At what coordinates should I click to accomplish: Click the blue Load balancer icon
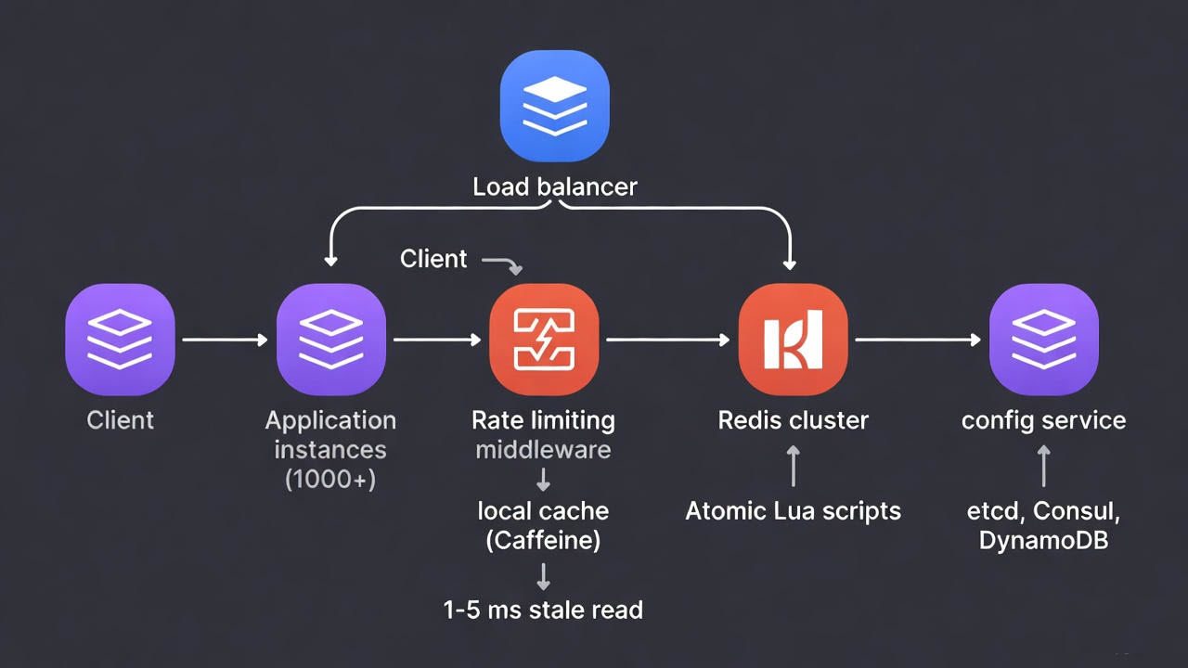coord(554,106)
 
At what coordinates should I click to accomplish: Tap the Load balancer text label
coord(554,186)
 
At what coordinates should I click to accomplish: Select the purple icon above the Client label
coord(120,340)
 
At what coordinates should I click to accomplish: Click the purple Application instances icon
coord(330,340)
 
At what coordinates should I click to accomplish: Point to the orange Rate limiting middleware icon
coord(544,340)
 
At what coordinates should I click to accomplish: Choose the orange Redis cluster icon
coord(793,340)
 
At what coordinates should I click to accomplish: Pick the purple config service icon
coord(1043,340)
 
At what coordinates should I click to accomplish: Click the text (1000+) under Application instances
coord(330,479)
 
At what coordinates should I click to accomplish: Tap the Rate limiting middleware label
coord(544,434)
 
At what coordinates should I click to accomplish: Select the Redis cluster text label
coord(793,420)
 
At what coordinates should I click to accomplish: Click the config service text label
coord(1043,420)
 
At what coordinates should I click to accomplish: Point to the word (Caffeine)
coord(544,540)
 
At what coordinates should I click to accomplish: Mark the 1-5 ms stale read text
coord(544,610)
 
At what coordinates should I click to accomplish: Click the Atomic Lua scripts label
coord(793,510)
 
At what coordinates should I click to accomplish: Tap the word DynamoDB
coord(1043,540)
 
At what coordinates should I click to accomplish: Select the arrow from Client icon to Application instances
coord(225,340)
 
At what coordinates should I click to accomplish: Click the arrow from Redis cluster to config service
coord(917,340)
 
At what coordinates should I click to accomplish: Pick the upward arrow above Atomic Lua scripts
coord(793,466)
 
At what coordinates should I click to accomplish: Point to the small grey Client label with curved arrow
coord(434,258)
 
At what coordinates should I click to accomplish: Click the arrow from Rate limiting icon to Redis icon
coord(667,340)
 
